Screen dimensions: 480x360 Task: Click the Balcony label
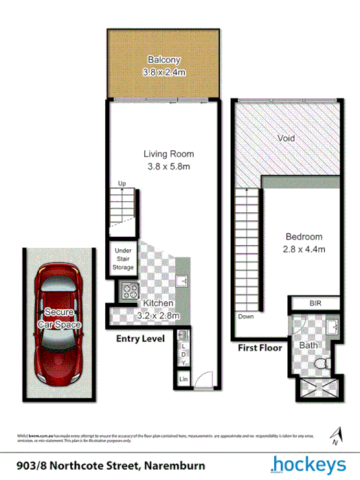tap(164, 65)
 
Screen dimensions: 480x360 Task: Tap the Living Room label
tap(168, 159)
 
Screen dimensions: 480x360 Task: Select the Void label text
tap(286, 138)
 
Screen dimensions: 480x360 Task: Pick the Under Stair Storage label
tap(122, 260)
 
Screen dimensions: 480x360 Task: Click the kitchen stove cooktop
tap(128, 292)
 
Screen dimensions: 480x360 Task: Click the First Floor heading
tap(260, 348)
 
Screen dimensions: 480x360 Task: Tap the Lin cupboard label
tap(183, 378)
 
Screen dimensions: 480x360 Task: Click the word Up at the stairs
tap(122, 183)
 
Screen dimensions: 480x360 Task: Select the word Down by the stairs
tap(245, 317)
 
